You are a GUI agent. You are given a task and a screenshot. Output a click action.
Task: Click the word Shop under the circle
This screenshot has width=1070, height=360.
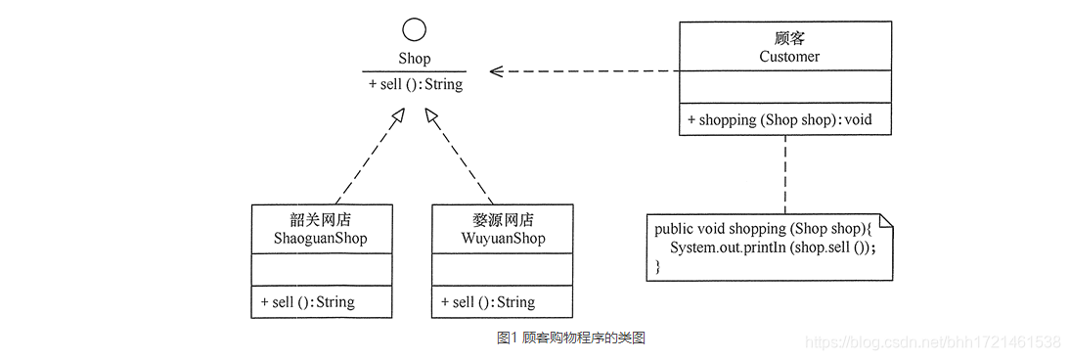coord(414,60)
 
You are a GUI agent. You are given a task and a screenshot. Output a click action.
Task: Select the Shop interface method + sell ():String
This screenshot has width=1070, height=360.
coord(416,84)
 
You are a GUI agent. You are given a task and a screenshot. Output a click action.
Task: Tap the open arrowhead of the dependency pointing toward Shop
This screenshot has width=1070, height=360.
coord(497,71)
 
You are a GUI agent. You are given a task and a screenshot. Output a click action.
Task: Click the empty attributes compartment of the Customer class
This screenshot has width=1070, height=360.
coord(784,87)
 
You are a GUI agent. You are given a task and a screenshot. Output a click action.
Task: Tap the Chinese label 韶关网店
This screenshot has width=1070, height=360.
coord(321,220)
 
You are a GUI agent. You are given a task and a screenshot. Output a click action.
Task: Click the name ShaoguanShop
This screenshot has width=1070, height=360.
coord(321,239)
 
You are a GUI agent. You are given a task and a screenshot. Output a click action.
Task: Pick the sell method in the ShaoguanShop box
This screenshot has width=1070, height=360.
coord(307,302)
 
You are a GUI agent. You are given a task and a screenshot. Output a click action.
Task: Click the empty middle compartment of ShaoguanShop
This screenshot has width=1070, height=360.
coord(321,270)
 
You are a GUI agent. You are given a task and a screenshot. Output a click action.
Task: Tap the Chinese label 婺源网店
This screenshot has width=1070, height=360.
coord(502,220)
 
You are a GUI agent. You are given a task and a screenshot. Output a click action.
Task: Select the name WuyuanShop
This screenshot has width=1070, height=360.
coord(502,239)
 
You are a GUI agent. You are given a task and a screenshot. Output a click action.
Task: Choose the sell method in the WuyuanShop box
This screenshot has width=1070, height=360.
coord(488,302)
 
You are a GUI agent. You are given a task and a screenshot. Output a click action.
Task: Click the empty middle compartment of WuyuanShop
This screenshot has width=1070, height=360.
coord(502,270)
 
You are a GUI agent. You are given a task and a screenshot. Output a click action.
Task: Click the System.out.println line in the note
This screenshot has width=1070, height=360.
coord(773,247)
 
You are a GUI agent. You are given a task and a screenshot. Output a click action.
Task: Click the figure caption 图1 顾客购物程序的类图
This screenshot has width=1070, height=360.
coord(571,338)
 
